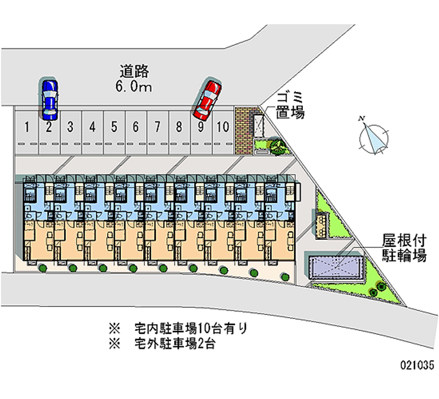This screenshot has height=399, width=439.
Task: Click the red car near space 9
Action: (207, 99)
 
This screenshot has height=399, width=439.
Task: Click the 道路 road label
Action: (135, 71)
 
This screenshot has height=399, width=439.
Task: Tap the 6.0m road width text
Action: (134, 86)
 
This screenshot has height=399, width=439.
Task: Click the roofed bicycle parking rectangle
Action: (334, 267)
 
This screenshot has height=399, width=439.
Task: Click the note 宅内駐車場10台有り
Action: (191, 329)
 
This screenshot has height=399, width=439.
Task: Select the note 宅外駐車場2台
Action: (178, 345)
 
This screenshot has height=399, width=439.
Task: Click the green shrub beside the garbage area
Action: (276, 145)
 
